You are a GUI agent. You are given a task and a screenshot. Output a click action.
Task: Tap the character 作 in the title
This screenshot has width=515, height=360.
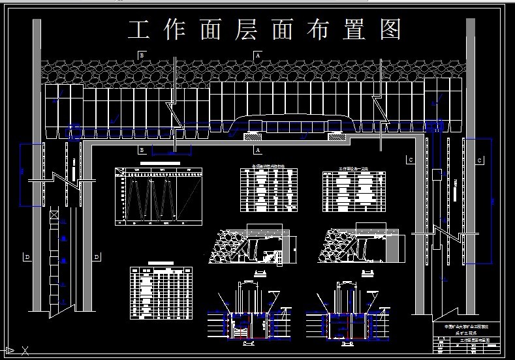coord(174,29)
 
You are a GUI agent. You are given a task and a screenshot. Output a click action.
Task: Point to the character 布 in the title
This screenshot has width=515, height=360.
coord(319,29)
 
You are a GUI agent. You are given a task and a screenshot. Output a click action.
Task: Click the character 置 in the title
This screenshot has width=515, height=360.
coord(355,29)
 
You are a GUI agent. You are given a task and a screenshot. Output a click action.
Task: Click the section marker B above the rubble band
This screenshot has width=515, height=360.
coord(140,55)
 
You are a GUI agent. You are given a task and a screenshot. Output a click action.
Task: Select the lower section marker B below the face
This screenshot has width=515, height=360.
coord(140,150)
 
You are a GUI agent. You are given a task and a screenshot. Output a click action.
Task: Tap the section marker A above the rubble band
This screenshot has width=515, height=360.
coord(258,55)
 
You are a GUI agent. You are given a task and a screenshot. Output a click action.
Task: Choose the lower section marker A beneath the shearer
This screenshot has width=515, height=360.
coord(258,150)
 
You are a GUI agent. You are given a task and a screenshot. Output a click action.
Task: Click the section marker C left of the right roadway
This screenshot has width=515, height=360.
coord(411,160)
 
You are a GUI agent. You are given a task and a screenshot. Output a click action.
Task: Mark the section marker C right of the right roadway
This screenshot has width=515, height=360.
coord(480,160)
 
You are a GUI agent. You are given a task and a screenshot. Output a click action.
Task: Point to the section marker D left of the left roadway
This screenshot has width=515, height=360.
coord(27,257)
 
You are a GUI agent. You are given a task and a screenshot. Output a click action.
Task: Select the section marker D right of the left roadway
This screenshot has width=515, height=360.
coord(97,257)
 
